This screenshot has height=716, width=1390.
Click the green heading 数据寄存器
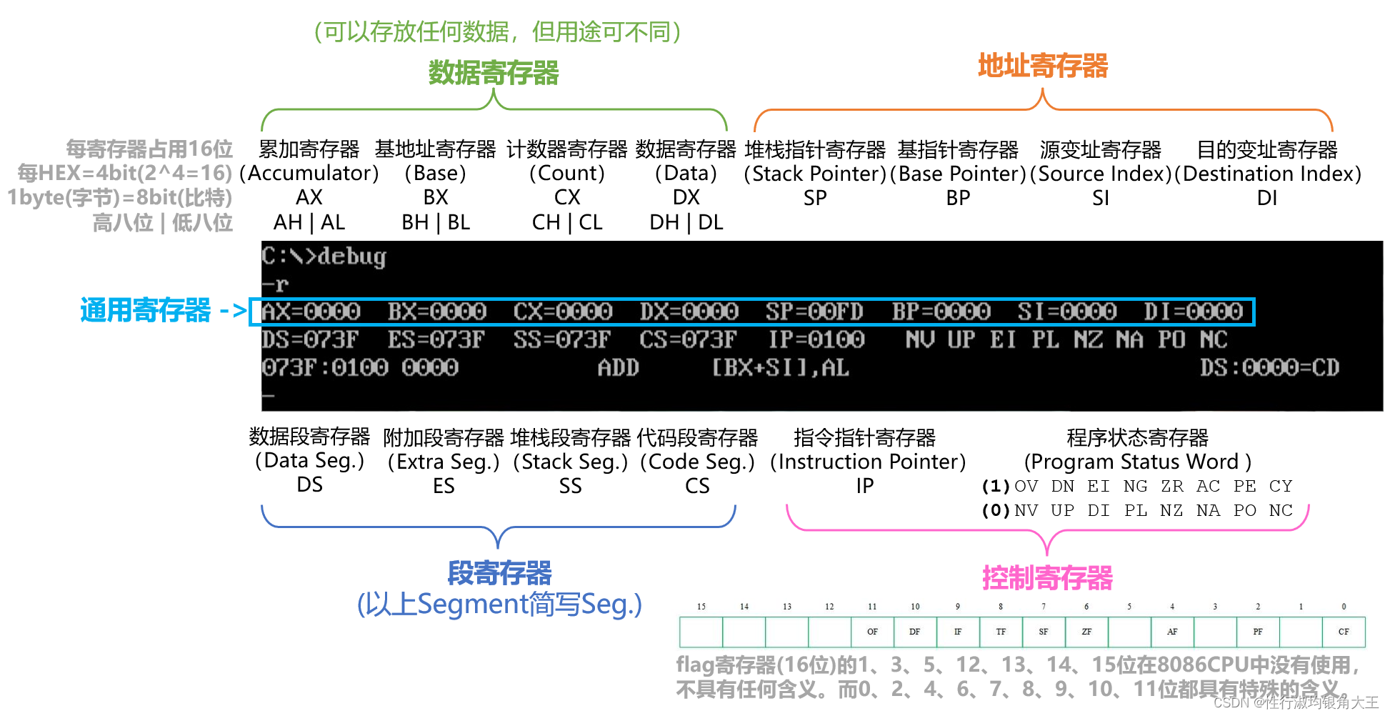point(493,73)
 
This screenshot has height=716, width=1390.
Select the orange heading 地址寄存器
point(1042,66)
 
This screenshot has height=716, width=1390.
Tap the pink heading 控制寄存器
point(1047,577)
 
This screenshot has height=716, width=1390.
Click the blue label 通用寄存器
point(146,311)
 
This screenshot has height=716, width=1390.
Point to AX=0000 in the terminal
point(311,312)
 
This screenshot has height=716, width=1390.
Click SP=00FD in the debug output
point(814,312)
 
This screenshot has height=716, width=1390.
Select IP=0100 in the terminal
point(816,339)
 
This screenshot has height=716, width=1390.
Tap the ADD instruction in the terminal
point(618,368)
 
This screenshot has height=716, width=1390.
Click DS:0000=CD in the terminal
point(1269,368)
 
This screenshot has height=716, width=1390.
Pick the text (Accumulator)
point(309,174)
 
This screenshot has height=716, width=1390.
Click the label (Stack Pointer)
point(815,174)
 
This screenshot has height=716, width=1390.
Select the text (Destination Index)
point(1268,174)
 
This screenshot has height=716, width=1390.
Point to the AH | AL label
point(309,223)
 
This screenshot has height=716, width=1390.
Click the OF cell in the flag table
point(872,632)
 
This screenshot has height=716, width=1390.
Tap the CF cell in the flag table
point(1344,632)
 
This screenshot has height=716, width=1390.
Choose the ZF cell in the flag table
point(1086,632)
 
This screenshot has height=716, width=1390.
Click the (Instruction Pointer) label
point(867,462)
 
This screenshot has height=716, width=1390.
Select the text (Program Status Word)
point(1137,462)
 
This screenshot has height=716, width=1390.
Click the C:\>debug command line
point(324,257)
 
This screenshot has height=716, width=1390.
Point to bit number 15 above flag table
point(701,607)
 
